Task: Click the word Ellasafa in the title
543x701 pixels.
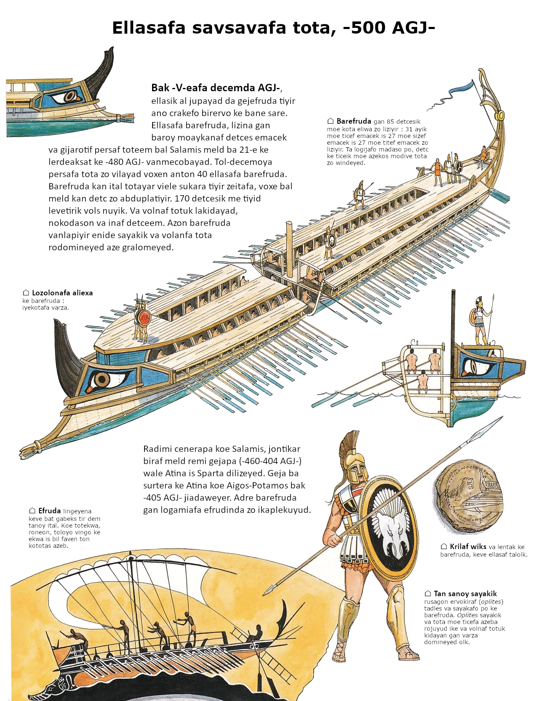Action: (148, 28)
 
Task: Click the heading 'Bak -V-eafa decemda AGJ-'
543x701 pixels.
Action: (216, 88)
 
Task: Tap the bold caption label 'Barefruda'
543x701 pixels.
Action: (353, 121)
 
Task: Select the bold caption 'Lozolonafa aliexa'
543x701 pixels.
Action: (62, 293)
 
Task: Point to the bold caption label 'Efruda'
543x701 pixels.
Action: (49, 511)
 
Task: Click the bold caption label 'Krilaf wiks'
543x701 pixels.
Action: (468, 547)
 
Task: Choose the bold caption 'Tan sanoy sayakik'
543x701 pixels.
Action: (465, 594)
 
